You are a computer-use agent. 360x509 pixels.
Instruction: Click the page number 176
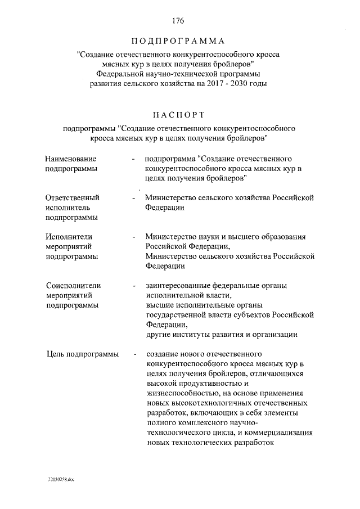[x=179, y=21]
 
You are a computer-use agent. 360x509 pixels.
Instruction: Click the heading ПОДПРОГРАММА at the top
[x=178, y=42]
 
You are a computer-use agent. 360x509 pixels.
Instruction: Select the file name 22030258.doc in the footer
[x=60, y=479]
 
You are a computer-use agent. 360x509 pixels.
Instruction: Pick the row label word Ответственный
[x=73, y=197]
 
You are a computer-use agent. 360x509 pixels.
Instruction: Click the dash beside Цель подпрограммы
[x=135, y=354]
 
